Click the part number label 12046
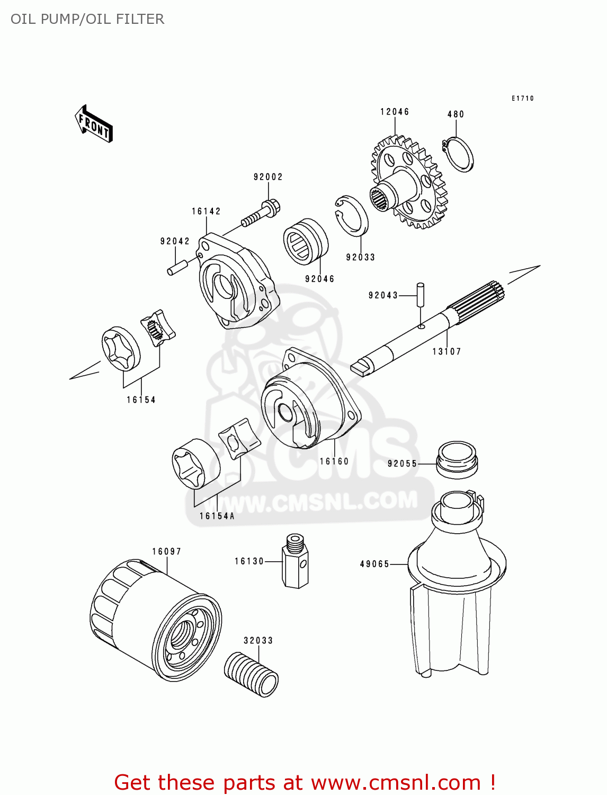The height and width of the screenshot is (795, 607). click(x=395, y=112)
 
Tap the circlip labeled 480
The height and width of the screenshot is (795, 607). click(x=459, y=154)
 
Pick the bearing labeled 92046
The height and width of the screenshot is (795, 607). click(x=305, y=241)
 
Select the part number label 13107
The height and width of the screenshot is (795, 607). click(x=447, y=351)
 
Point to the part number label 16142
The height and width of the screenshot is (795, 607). click(x=206, y=211)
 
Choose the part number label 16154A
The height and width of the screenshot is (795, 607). click(x=217, y=516)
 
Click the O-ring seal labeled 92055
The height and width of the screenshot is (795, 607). click(x=457, y=458)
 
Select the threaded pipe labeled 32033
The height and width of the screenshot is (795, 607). click(x=251, y=674)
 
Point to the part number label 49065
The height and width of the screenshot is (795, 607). click(x=374, y=564)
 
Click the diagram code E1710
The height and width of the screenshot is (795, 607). click(x=522, y=99)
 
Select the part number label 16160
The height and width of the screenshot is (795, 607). click(x=334, y=462)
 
